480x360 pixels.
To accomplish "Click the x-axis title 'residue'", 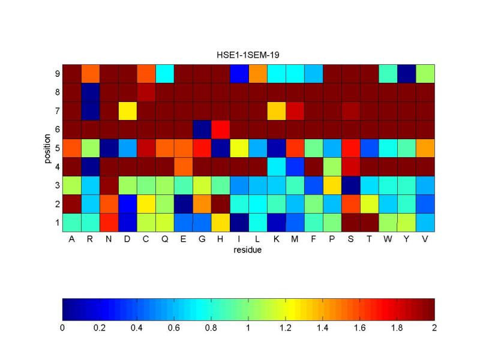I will (x=248, y=250).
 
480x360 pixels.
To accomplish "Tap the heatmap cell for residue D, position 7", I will (x=127, y=110).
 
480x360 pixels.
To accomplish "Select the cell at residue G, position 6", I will (x=202, y=129).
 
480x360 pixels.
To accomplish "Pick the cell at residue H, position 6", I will (x=220, y=129).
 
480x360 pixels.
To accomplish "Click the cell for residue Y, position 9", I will (x=406, y=73).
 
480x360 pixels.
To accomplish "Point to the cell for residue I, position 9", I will (x=239, y=73).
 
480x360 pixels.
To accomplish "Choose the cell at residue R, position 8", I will (x=90, y=92).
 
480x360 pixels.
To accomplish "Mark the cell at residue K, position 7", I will (x=276, y=110).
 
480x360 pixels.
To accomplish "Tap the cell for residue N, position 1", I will (x=109, y=221).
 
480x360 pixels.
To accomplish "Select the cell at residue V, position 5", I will (x=425, y=148).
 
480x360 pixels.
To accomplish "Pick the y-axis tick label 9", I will (x=56, y=73).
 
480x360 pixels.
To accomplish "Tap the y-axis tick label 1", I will (x=56, y=222).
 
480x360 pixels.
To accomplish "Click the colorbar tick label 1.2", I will (x=286, y=328).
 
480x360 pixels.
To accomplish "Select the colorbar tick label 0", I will (x=62, y=328).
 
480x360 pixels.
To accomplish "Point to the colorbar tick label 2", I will (x=434, y=328).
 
